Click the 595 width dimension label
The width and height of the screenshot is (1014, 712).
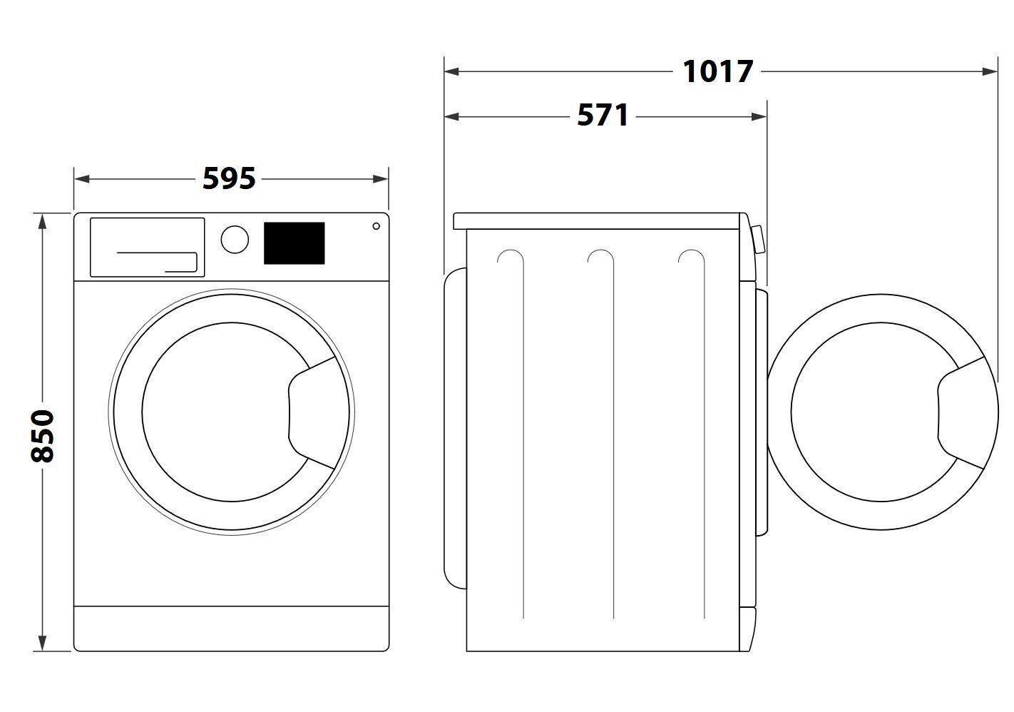click(x=229, y=178)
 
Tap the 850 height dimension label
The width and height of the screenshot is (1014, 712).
click(x=42, y=436)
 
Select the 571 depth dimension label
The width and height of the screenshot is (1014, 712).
click(x=603, y=115)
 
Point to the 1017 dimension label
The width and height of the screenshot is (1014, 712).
click(x=717, y=71)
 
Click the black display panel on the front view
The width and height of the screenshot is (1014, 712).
click(x=295, y=243)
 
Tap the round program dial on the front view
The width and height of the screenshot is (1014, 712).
click(x=235, y=239)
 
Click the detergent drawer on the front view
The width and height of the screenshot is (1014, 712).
click(x=147, y=248)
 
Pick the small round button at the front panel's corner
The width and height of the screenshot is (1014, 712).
click(x=377, y=226)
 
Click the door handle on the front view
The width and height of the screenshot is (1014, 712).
click(x=312, y=412)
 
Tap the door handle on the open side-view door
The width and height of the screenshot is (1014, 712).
click(x=961, y=412)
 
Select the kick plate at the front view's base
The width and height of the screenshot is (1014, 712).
click(x=231, y=629)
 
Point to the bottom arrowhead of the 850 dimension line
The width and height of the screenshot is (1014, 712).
click(x=42, y=644)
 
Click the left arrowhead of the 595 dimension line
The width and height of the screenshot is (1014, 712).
click(x=82, y=179)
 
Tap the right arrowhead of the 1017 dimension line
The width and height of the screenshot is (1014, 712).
click(x=990, y=71)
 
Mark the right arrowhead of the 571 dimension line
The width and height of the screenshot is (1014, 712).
click(x=759, y=117)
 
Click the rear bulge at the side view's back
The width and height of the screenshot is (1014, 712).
click(x=455, y=428)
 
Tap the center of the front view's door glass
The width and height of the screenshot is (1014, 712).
click(x=231, y=412)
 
